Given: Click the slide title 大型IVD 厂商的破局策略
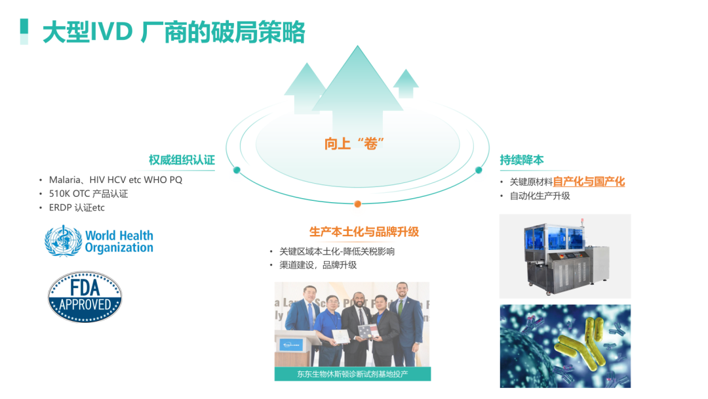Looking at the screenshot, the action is [x=174, y=32].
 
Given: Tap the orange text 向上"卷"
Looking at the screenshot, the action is [x=354, y=144].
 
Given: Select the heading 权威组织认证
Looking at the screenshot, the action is [x=182, y=160].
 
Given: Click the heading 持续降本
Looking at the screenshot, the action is [x=522, y=160].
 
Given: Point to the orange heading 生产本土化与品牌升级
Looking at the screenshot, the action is [x=364, y=232].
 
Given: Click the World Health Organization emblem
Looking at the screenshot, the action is [x=99, y=241].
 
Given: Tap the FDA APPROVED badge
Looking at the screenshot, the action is [x=85, y=297].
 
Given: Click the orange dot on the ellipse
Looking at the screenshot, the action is [x=358, y=204].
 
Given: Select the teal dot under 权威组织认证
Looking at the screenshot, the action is [x=237, y=171].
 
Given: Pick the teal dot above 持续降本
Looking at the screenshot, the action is [x=479, y=170].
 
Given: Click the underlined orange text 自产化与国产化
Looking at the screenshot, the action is [x=589, y=182].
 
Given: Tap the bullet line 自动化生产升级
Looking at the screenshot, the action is [x=540, y=196].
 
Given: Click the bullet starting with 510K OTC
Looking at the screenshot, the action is [x=88, y=194].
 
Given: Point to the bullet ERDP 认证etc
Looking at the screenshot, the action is [x=77, y=208].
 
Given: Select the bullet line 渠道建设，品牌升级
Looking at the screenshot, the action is [x=318, y=264].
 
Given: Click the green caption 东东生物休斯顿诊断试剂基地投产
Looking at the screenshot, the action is [x=353, y=373].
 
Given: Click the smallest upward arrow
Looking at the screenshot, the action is [x=406, y=83].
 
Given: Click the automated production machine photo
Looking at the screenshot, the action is [x=565, y=256].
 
